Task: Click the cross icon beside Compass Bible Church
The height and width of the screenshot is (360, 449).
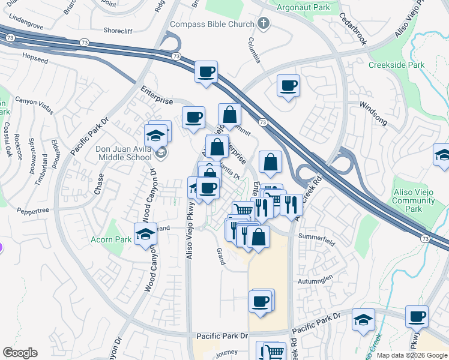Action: [x=262, y=23]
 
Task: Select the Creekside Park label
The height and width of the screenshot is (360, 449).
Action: [x=396, y=65]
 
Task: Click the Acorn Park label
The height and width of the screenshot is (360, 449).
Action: [x=110, y=239]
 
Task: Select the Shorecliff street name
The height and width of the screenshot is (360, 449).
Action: [x=122, y=29]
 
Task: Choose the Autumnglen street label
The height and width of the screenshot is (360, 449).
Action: [x=316, y=280]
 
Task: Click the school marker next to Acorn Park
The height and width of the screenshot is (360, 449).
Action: [x=145, y=235]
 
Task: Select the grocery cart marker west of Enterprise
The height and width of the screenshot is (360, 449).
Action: [x=243, y=210]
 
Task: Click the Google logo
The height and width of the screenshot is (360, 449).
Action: [x=20, y=353]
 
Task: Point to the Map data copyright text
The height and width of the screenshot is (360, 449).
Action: [x=411, y=355]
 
